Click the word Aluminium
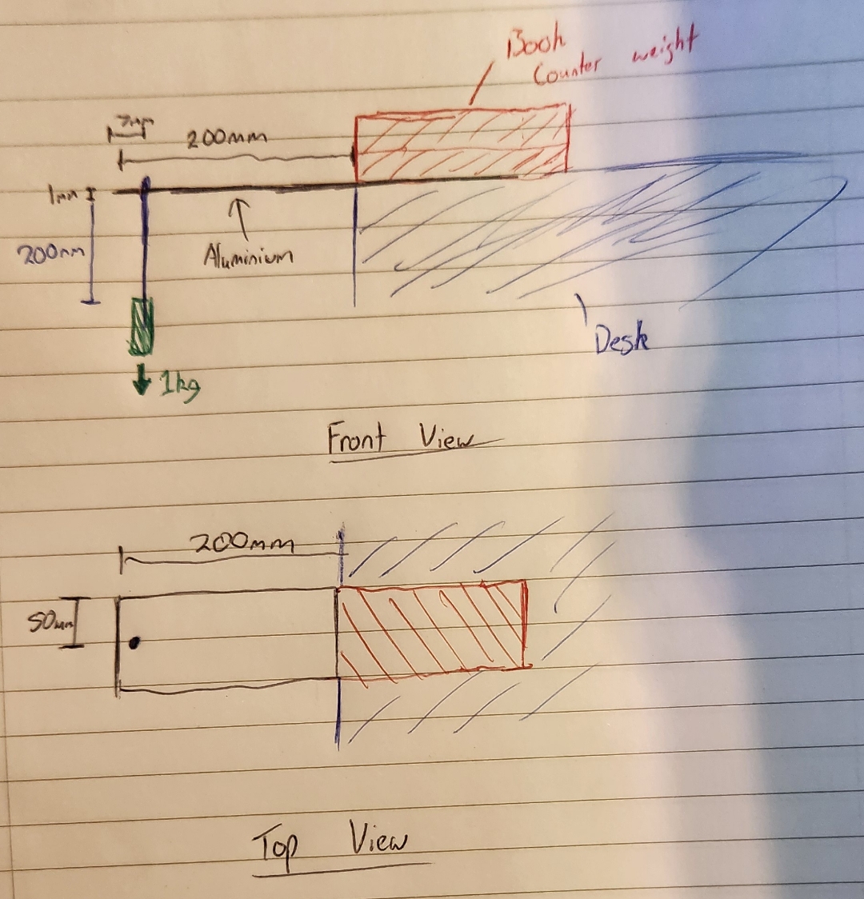247,256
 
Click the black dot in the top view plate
135,641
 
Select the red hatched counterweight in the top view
432,626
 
